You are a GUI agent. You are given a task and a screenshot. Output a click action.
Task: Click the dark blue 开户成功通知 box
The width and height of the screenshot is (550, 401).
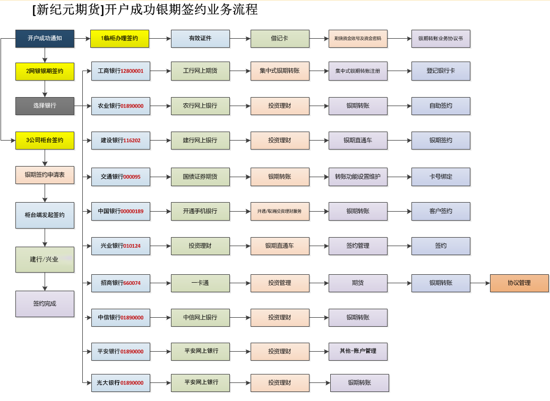[45, 39]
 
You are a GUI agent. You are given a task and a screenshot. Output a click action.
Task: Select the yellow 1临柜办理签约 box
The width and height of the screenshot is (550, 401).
[119, 39]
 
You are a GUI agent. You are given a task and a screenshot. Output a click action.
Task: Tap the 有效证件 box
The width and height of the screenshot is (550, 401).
[200, 39]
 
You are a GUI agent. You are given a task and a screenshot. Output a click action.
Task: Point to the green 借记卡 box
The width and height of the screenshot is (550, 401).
[280, 39]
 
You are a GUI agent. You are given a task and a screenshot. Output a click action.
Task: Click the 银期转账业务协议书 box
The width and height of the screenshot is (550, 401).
[441, 39]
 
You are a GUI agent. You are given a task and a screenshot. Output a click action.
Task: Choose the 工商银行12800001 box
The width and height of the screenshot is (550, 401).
[121, 71]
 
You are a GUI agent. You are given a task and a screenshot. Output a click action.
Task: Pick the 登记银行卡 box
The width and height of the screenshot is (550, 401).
[441, 71]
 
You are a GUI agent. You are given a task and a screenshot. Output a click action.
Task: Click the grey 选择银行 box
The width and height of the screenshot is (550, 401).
[45, 106]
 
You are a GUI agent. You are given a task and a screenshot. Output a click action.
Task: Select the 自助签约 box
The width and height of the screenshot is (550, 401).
[441, 106]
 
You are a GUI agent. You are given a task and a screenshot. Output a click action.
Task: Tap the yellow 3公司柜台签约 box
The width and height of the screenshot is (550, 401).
[45, 141]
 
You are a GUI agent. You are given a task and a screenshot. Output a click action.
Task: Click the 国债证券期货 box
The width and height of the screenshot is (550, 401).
[200, 177]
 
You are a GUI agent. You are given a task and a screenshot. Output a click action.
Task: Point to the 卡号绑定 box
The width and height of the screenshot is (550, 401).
[441, 177]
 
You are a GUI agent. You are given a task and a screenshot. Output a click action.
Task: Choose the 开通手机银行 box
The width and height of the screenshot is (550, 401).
[200, 211]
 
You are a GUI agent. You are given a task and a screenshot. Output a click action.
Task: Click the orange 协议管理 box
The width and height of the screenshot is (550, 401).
[519, 283]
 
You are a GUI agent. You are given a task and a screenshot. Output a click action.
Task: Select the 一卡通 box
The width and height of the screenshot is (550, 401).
[200, 283]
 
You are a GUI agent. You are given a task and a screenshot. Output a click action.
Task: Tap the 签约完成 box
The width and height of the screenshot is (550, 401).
[45, 304]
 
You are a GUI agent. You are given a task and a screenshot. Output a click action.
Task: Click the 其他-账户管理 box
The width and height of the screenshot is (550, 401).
[358, 351]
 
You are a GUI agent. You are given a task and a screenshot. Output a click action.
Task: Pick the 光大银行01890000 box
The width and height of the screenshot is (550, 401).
[121, 383]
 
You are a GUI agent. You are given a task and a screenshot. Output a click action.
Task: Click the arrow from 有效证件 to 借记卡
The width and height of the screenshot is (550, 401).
[240, 39]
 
